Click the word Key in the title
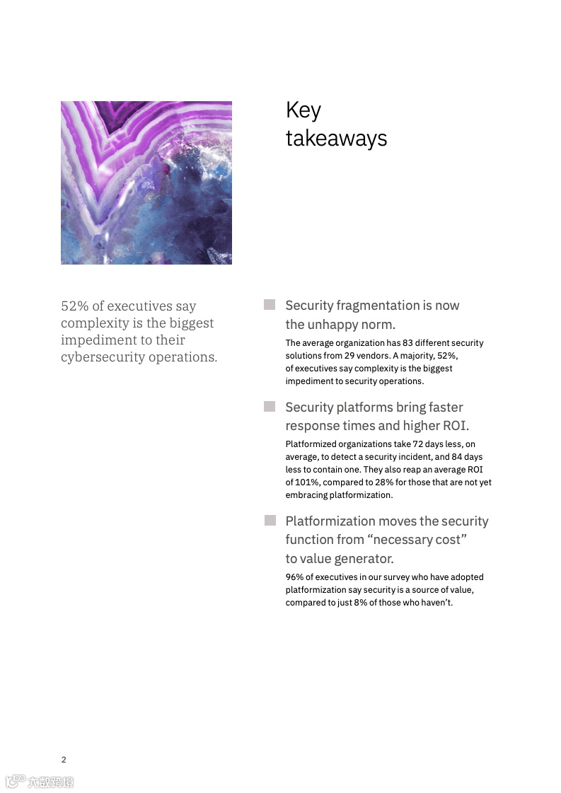point(303,111)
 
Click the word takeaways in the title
point(336,138)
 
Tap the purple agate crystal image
point(146,183)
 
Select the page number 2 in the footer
point(64,760)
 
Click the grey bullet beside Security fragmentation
point(270,305)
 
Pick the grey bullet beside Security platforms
point(270,407)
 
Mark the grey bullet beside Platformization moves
point(270,521)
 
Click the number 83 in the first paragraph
point(407,343)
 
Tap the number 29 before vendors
point(349,356)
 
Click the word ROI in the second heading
point(456,426)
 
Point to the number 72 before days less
point(418,444)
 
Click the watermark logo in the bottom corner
point(40,782)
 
